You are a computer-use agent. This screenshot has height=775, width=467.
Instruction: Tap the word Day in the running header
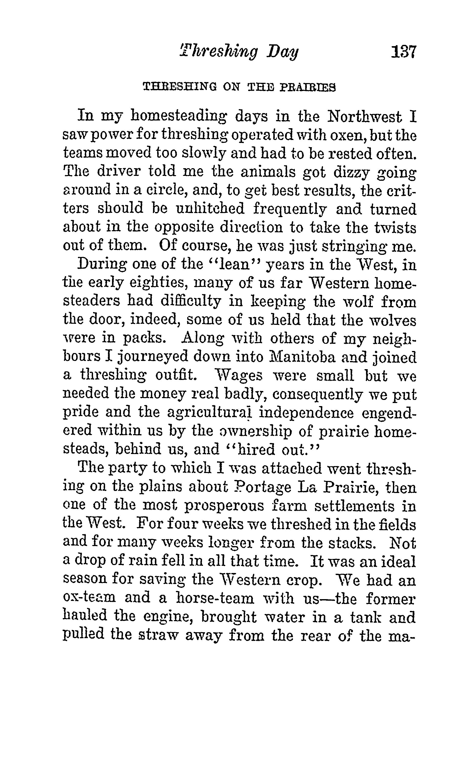[282, 52]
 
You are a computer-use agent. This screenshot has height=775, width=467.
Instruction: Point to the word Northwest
[364, 117]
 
